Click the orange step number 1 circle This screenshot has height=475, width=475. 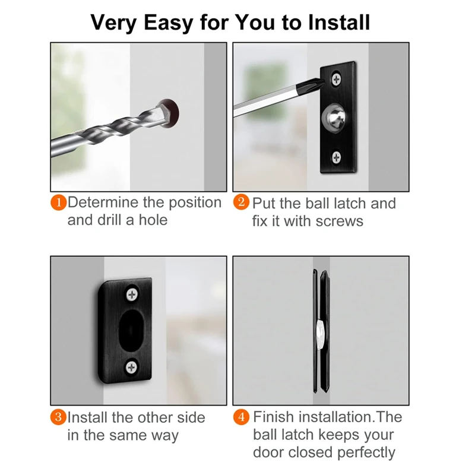tap(58, 202)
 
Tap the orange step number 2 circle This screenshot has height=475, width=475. tap(242, 202)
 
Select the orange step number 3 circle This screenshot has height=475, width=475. tap(58, 417)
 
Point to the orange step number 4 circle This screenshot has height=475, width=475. tap(242, 417)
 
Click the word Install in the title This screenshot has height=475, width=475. tap(339, 23)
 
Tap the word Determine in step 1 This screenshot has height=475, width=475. tap(103, 202)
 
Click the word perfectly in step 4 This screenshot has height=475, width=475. tap(366, 453)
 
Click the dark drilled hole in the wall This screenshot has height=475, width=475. tap(170, 113)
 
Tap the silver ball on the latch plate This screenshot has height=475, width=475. tap(334, 118)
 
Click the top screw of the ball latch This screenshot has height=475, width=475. tap(337, 80)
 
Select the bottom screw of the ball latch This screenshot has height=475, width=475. tap(337, 157)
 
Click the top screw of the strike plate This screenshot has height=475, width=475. tap(132, 294)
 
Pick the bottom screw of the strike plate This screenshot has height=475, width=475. tap(131, 367)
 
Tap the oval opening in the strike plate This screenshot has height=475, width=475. tap(131, 331)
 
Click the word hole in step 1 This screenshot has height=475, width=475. tap(153, 220)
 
